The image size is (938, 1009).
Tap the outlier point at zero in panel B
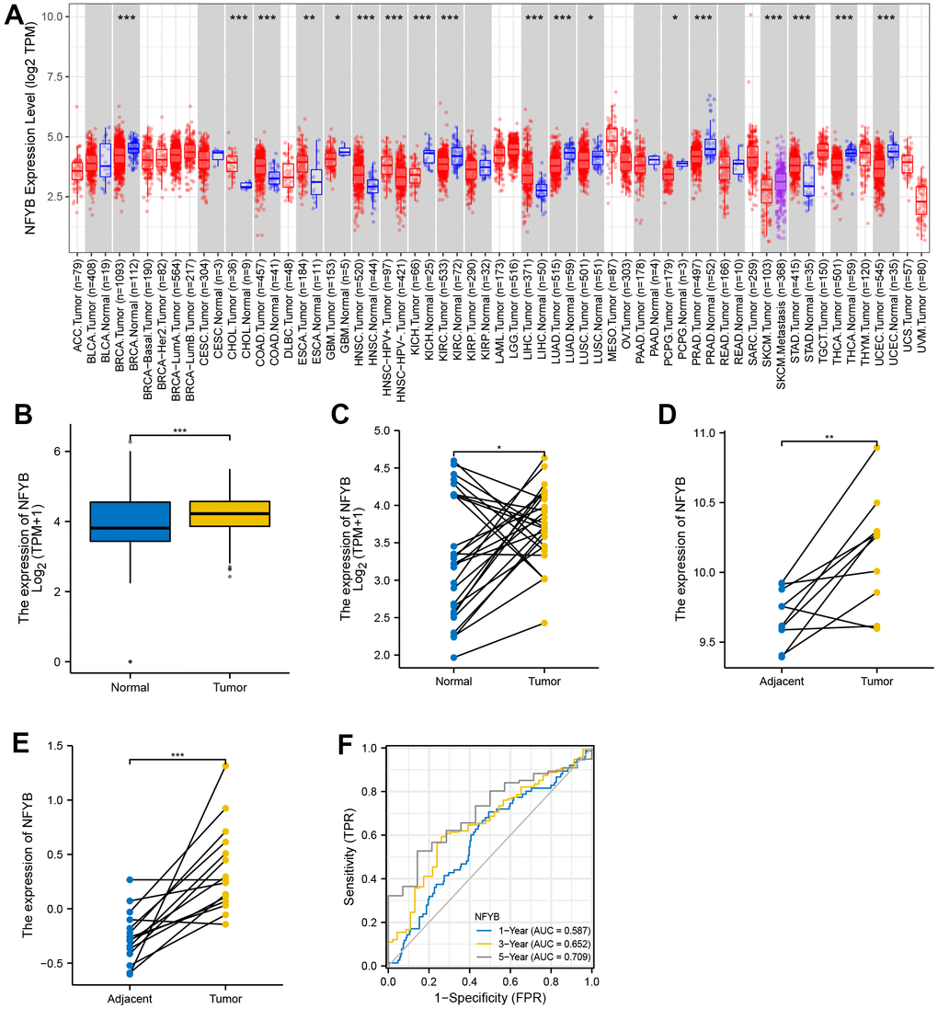pos(130,661)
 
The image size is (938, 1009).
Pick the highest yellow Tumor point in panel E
pos(225,765)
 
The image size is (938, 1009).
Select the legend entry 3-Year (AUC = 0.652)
pos(537,944)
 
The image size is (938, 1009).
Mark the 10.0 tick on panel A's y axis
pos(51,17)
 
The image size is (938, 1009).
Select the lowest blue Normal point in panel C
pos(455,657)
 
